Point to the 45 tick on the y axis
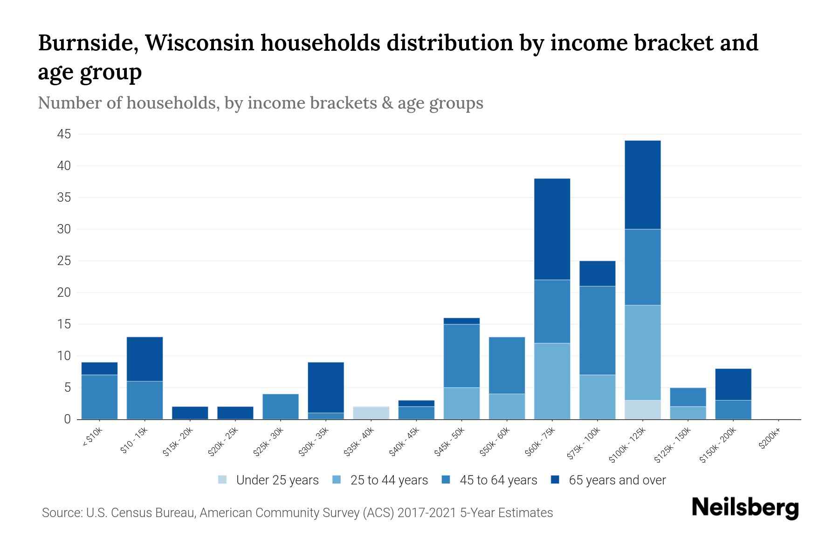(x=64, y=135)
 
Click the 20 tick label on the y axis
(x=64, y=293)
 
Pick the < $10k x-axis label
(x=93, y=437)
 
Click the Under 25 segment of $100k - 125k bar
(x=643, y=409)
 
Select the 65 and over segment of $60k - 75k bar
(x=552, y=229)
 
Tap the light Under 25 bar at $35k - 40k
(x=371, y=413)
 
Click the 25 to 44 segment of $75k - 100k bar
(x=597, y=397)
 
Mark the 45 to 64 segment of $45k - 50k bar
(x=461, y=355)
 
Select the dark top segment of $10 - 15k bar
(x=144, y=359)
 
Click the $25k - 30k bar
(x=281, y=406)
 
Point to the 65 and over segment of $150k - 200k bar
(x=733, y=384)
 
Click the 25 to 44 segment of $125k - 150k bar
(x=688, y=413)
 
